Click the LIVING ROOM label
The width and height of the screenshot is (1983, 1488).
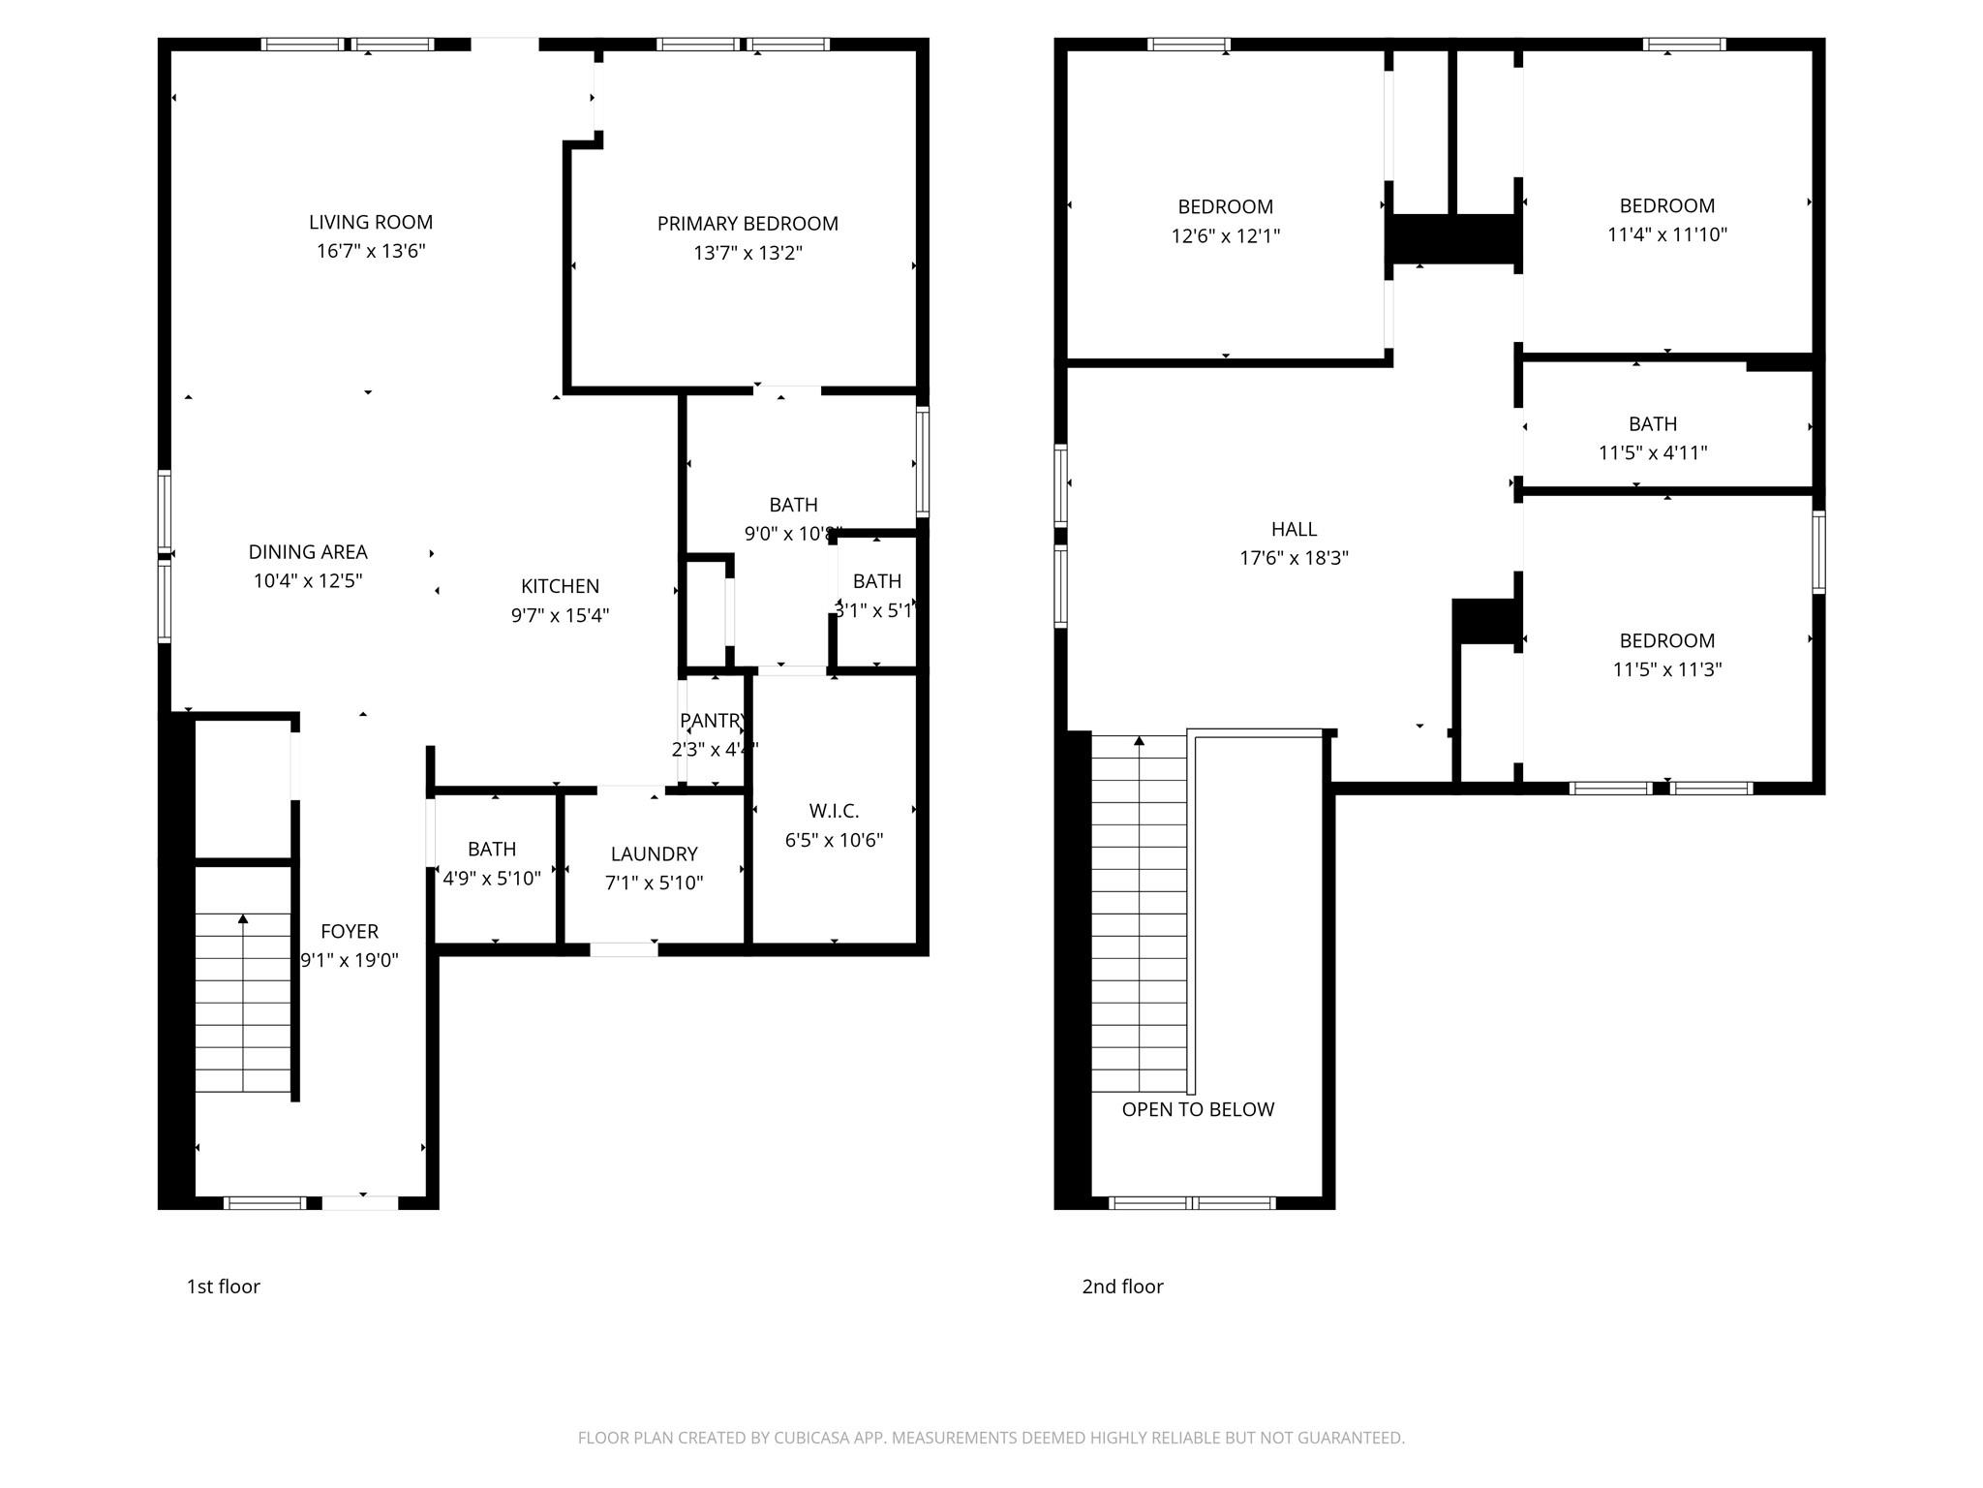pos(371,222)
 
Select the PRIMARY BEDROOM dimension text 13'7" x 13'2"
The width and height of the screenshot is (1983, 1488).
pos(747,253)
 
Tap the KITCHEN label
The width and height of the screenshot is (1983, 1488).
pos(560,586)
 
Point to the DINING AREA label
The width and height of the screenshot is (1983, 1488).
pos(308,552)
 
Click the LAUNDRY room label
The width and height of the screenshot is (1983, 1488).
pos(654,853)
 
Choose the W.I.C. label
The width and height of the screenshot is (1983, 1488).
pos(834,811)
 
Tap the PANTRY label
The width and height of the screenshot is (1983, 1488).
pos(713,721)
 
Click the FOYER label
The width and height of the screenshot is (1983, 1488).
pos(350,932)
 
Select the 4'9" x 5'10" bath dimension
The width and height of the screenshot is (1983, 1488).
pos(492,879)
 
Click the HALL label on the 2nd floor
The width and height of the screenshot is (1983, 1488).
pos(1294,529)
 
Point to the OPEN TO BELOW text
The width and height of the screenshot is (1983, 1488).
pos(1198,1109)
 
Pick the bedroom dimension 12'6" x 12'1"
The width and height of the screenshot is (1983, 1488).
pos(1225,235)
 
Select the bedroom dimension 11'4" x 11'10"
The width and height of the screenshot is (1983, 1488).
pos(1666,234)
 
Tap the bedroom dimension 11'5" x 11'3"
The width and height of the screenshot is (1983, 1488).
pos(1666,669)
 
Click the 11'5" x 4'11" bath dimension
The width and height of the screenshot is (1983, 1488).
pos(1652,452)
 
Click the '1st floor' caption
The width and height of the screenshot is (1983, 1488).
pos(223,1286)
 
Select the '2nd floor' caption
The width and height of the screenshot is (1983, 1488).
pos(1122,1286)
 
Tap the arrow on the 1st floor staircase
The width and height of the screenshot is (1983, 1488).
pos(243,918)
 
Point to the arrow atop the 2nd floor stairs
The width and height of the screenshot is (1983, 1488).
pos(1139,741)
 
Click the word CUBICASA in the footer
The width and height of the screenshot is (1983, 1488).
pos(811,1439)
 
